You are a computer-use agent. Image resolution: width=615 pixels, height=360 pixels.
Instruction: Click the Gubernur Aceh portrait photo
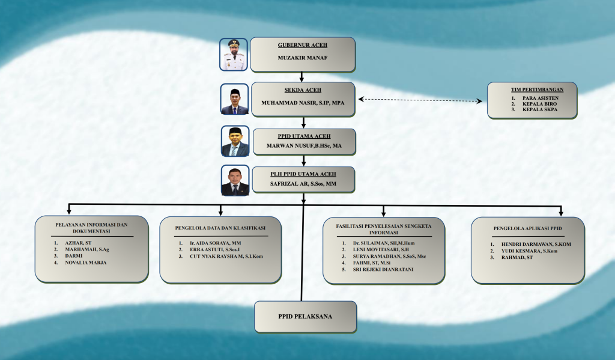234,55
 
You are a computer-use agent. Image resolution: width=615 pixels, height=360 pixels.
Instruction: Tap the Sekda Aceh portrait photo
234,99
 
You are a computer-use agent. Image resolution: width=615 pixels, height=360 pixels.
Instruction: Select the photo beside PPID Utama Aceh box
235,141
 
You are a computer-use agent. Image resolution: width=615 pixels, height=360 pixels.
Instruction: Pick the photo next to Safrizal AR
235,180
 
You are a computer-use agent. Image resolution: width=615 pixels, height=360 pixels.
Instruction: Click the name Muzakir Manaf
302,58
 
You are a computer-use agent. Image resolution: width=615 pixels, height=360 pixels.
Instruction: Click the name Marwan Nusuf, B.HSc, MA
303,146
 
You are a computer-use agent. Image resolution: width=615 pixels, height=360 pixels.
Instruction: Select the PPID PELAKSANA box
304,316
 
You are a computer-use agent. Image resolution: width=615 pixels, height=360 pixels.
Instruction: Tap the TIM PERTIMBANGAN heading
533,89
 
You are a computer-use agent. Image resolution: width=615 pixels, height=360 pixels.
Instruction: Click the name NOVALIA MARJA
85,262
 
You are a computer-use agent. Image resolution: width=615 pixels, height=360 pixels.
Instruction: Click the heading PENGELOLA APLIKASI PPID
527,229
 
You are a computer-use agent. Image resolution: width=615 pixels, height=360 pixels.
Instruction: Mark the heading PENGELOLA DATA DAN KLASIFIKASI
220,228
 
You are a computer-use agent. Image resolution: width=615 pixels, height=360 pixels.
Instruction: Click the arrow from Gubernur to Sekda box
302,76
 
